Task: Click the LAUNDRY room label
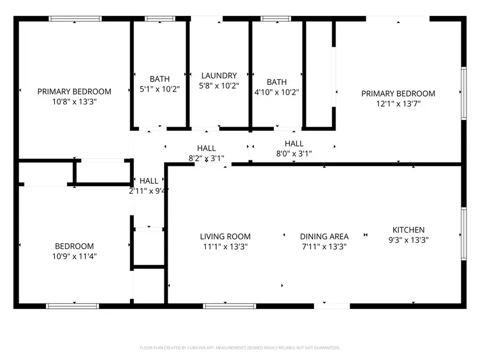tap(219, 76)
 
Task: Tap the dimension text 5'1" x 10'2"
tap(160, 89)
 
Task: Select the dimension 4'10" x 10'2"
tap(276, 92)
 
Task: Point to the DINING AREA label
tap(324, 236)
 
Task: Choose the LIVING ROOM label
tap(225, 236)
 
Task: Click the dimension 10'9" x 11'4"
tap(74, 256)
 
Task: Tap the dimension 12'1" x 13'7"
tap(398, 103)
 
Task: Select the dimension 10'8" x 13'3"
tap(74, 101)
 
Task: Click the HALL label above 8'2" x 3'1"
tap(206, 148)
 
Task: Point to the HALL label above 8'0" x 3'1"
tap(294, 143)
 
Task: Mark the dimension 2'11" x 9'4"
tap(149, 190)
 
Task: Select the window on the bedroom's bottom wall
tap(73, 306)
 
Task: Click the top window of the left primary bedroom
tap(75, 19)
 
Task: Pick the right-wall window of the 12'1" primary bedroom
tap(463, 93)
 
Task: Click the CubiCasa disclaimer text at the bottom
tap(239, 348)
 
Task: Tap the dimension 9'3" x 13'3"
tap(409, 240)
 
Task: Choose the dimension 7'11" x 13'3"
tap(324, 246)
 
